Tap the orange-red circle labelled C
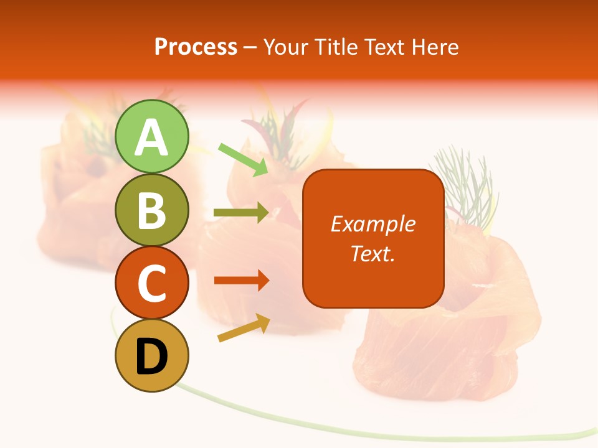[152, 283]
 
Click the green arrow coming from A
[244, 159]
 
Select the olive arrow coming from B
[241, 213]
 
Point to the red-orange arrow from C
[241, 280]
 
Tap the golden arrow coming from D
[244, 327]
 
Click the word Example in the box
[373, 224]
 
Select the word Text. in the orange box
[373, 254]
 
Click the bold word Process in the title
[196, 47]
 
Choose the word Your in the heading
[285, 47]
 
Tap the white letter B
[152, 210]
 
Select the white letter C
[152, 284]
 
